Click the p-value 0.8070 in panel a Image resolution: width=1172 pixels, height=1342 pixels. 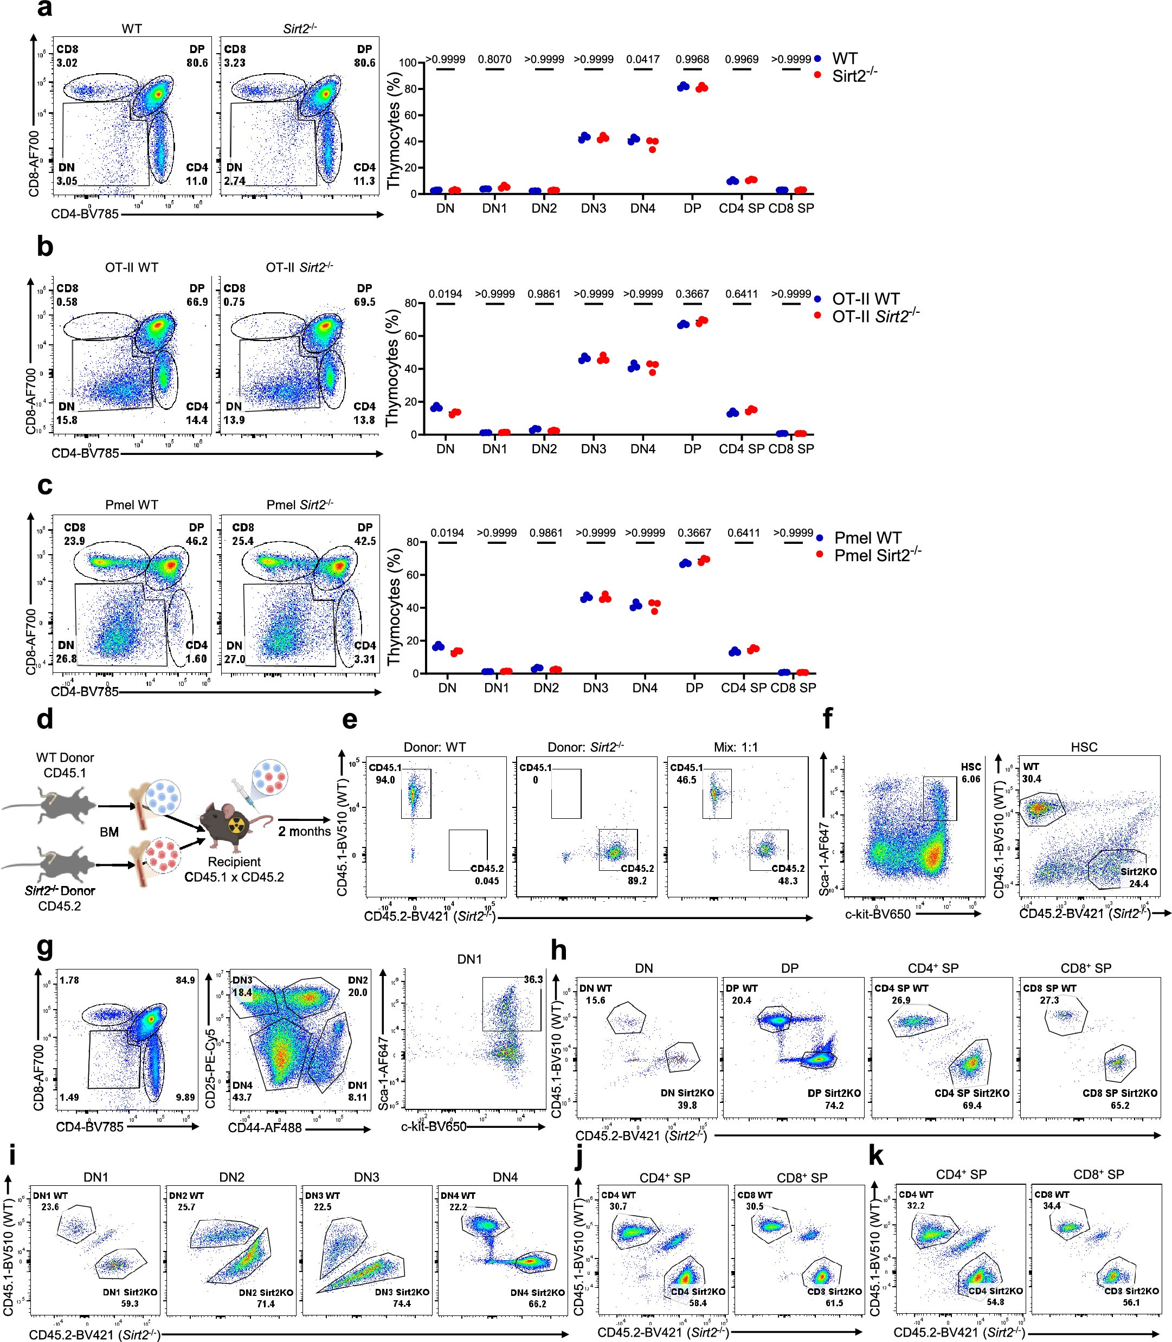[494, 60]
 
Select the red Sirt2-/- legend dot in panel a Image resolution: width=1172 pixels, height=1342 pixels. [817, 75]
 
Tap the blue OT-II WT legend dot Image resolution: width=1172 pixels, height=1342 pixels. [817, 299]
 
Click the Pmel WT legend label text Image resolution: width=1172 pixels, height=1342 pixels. [867, 537]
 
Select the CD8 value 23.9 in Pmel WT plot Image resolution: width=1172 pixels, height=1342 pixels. [75, 541]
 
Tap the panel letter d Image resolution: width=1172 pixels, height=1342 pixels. [44, 720]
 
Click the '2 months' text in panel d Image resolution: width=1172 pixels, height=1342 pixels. [304, 831]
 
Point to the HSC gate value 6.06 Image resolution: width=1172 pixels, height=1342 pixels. [970, 779]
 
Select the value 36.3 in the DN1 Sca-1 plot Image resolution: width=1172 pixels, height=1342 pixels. [533, 980]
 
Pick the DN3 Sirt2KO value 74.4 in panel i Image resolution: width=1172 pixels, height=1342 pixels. [401, 1304]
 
